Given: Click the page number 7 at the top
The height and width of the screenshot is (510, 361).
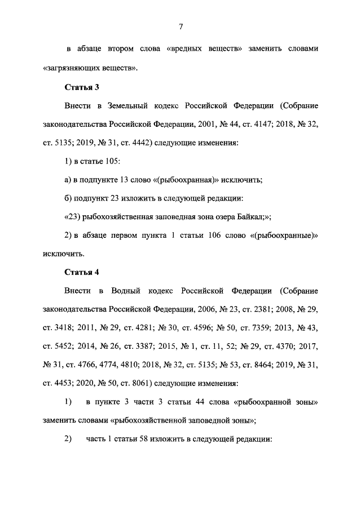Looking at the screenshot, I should pyautogui.click(x=180, y=26).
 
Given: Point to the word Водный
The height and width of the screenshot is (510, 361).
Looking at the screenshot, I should pyautogui.click(x=126, y=291).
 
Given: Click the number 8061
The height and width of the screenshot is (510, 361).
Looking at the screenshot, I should pyautogui.click(x=136, y=384).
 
